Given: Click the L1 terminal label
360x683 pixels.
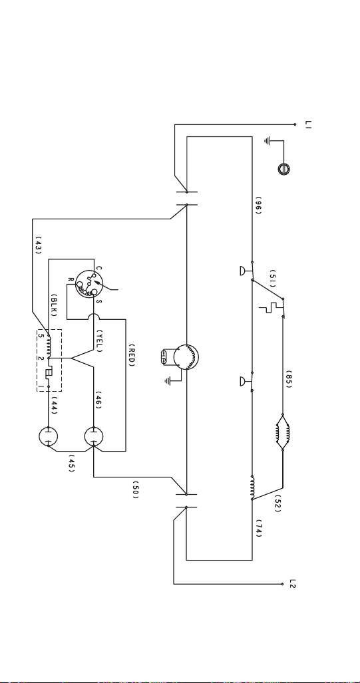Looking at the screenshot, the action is (x=308, y=124).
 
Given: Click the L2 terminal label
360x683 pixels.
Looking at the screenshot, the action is (x=293, y=584).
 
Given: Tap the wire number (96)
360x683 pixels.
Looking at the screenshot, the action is (x=258, y=205).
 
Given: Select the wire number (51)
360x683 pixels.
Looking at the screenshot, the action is (x=273, y=278).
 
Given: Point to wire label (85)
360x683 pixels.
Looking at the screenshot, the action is (x=289, y=378).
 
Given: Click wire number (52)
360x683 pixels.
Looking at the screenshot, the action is (x=277, y=503).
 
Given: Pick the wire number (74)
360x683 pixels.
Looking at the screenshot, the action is (x=259, y=528).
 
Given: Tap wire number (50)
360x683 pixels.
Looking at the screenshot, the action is (x=136, y=490).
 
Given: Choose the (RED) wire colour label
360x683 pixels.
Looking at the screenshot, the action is (x=132, y=355).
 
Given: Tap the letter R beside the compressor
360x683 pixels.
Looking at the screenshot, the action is (x=71, y=279).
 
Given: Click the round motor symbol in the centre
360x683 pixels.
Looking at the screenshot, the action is (x=186, y=357).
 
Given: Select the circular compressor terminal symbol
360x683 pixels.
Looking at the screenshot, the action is (x=89, y=284).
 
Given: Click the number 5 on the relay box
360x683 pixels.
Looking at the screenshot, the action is (x=40, y=335).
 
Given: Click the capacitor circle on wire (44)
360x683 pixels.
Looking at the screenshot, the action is (x=49, y=437).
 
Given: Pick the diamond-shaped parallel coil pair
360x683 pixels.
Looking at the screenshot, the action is (x=282, y=432).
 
